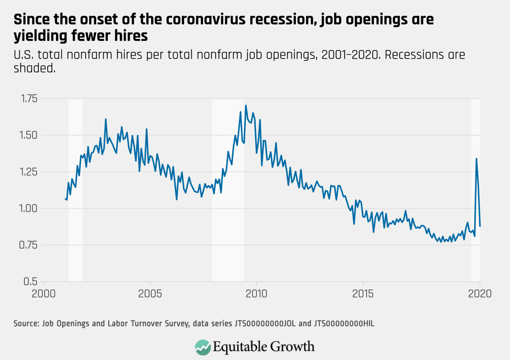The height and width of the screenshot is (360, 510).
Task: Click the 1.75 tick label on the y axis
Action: coord(29,99)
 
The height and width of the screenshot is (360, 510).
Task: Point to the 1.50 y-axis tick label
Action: coord(29,135)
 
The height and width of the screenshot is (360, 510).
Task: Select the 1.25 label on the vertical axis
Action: coord(29,172)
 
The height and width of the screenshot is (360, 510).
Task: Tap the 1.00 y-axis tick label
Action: coord(29,209)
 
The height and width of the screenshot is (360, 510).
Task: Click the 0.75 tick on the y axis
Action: coord(29,245)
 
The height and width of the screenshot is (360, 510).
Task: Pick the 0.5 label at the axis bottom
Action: coord(31,282)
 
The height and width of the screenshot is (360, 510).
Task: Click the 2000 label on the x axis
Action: coord(43,294)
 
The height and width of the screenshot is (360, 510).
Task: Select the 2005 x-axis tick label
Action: coord(150,294)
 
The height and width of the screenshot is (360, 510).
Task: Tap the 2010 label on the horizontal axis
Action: coord(256,294)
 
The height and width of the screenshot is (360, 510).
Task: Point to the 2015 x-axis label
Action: coord(363,294)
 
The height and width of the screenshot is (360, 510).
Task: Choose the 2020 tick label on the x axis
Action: coord(479,294)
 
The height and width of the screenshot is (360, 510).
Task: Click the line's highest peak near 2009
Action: coord(246,106)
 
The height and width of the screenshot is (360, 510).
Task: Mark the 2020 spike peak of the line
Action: coord(476,159)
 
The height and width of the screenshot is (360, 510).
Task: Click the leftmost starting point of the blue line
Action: coord(65,199)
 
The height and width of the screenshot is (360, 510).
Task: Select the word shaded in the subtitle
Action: coord(34,68)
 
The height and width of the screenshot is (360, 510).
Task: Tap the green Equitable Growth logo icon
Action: coord(203,347)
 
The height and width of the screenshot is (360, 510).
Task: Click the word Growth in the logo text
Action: coord(292,347)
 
